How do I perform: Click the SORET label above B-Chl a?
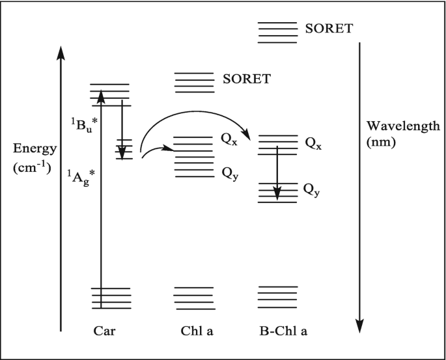coord(329,29)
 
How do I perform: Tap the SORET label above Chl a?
coord(246,79)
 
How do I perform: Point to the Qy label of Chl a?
coord(229,173)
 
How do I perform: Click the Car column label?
coord(104,331)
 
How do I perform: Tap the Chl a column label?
coord(197,331)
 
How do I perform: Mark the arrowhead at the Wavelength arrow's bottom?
coord(359,325)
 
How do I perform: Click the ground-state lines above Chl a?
coord(194,298)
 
